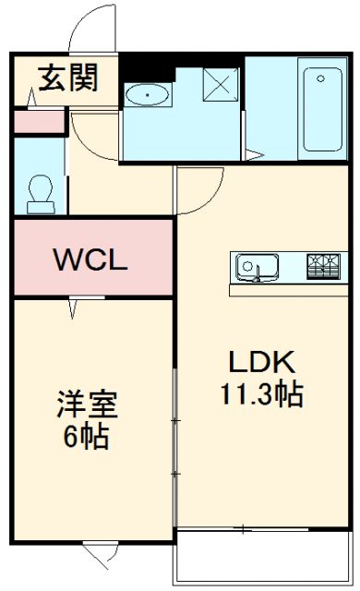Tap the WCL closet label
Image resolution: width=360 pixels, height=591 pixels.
[x=89, y=260]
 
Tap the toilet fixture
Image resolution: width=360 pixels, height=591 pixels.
[x=41, y=191]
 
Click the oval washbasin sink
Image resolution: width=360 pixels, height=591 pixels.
[x=146, y=94]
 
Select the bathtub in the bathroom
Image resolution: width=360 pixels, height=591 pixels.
[x=321, y=109]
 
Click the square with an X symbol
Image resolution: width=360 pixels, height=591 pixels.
[x=222, y=84]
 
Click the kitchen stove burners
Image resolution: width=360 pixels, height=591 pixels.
[x=323, y=266]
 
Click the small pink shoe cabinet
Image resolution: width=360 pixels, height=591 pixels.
[x=41, y=121]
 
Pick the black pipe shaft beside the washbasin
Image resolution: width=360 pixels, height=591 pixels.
[x=138, y=67]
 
